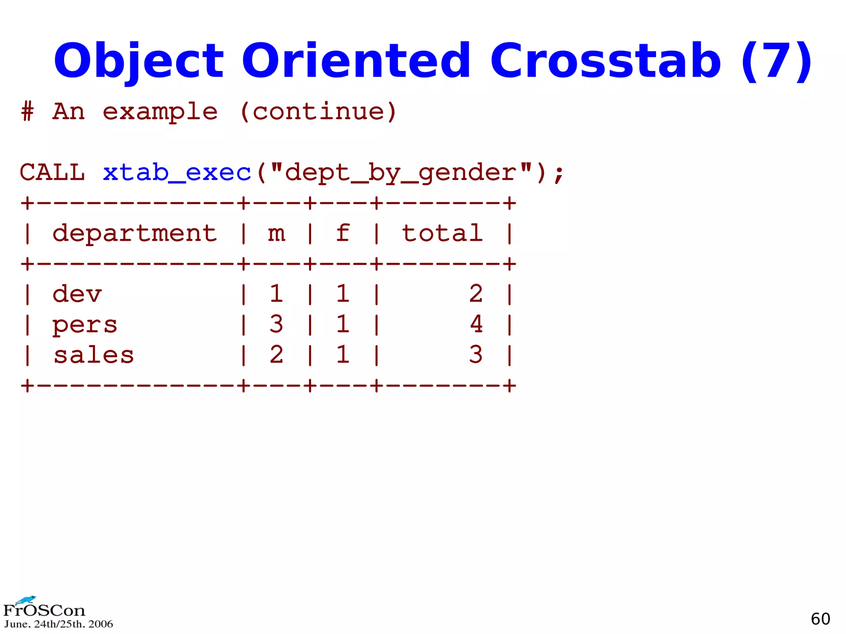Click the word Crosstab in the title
605,61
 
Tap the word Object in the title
139,61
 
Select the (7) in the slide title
776,61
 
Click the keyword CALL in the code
52,172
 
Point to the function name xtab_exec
177,172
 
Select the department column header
135,233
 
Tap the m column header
276,233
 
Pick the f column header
343,233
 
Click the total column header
442,233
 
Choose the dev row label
77,294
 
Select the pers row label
85,325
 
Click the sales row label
94,355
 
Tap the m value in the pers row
276,324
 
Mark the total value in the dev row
476,294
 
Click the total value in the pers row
476,324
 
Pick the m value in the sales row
276,355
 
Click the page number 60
820,619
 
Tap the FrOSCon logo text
44,610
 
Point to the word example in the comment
160,112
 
